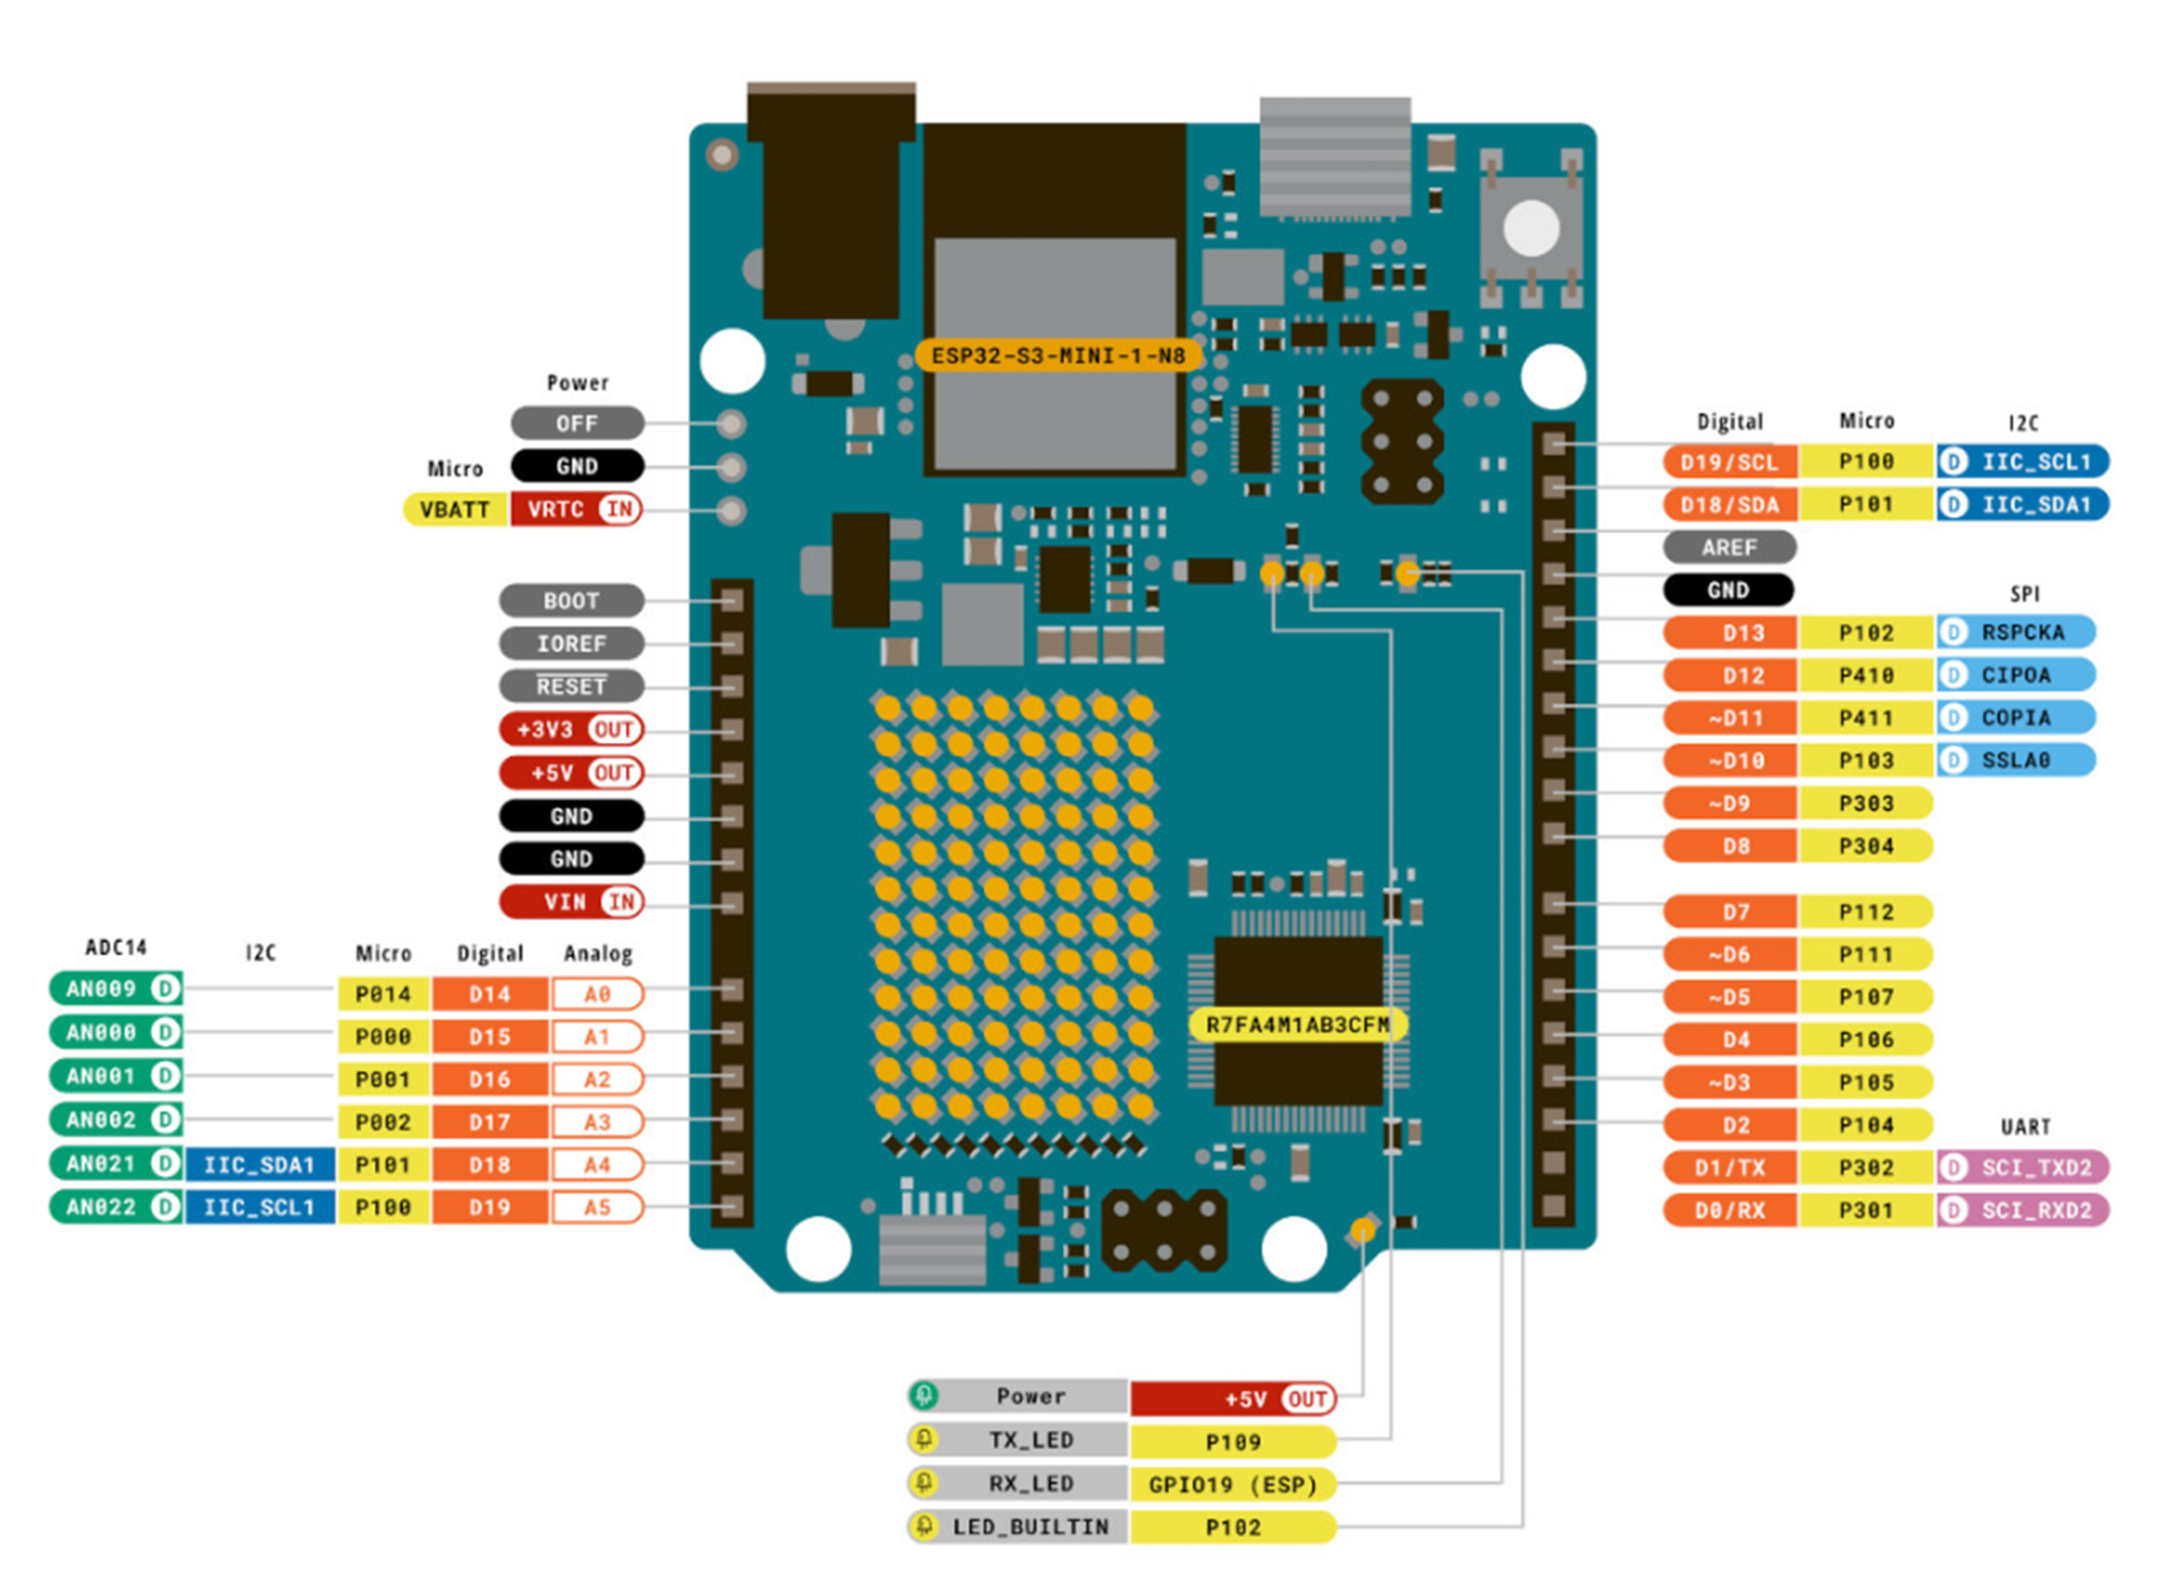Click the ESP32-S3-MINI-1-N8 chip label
(1058, 355)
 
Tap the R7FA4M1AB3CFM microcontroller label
(1297, 1025)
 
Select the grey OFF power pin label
(577, 424)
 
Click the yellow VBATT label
(454, 509)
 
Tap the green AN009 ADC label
(115, 988)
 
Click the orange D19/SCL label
(1729, 462)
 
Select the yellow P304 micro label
(1866, 846)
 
